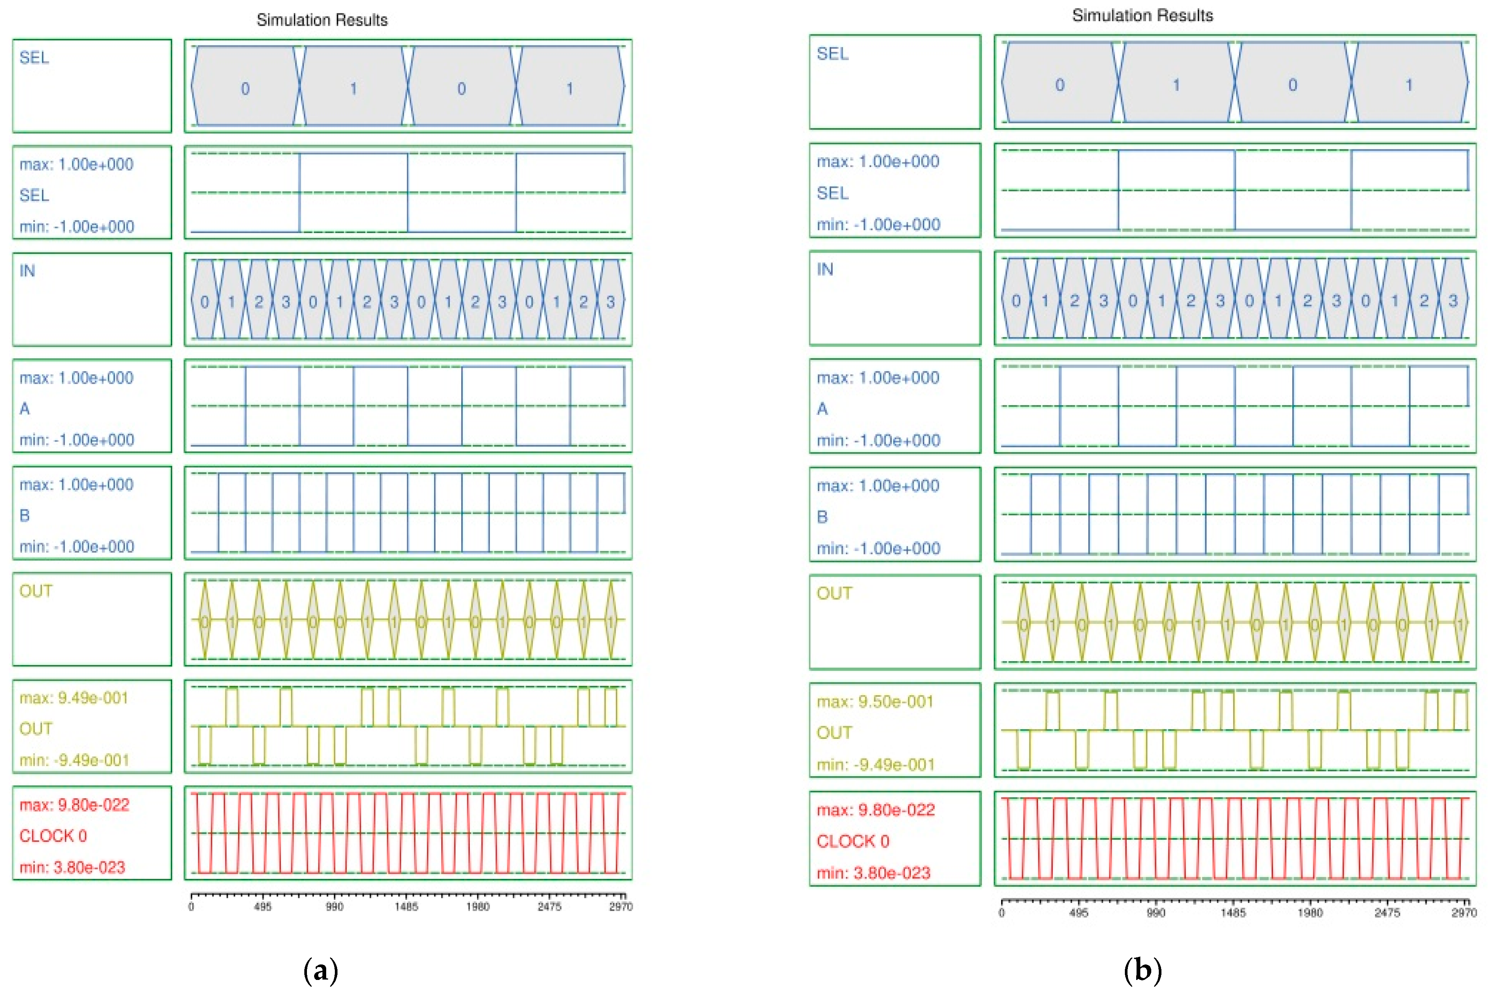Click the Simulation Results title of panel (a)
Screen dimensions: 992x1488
(x=322, y=20)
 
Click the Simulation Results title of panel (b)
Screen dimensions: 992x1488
(x=1142, y=16)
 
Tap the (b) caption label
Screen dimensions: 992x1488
(x=1143, y=970)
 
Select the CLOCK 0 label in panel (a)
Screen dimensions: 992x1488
(x=53, y=836)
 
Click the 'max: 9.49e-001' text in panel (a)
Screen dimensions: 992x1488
(x=74, y=698)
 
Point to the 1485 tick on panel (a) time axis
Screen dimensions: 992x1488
(x=406, y=907)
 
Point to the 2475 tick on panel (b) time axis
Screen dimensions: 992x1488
(x=1387, y=913)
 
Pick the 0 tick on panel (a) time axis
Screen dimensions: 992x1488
(x=191, y=907)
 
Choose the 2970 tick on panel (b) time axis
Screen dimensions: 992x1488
(x=1464, y=913)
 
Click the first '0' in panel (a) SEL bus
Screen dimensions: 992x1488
(x=245, y=89)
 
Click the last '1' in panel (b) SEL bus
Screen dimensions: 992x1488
(x=1409, y=85)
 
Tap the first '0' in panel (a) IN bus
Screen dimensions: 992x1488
(x=204, y=302)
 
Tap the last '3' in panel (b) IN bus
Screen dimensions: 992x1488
(x=1453, y=301)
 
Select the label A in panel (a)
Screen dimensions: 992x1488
(x=25, y=409)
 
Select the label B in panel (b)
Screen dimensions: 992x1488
(x=822, y=517)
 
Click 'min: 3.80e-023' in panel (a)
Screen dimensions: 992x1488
(x=72, y=868)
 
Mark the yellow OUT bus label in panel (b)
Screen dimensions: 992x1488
(x=834, y=593)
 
